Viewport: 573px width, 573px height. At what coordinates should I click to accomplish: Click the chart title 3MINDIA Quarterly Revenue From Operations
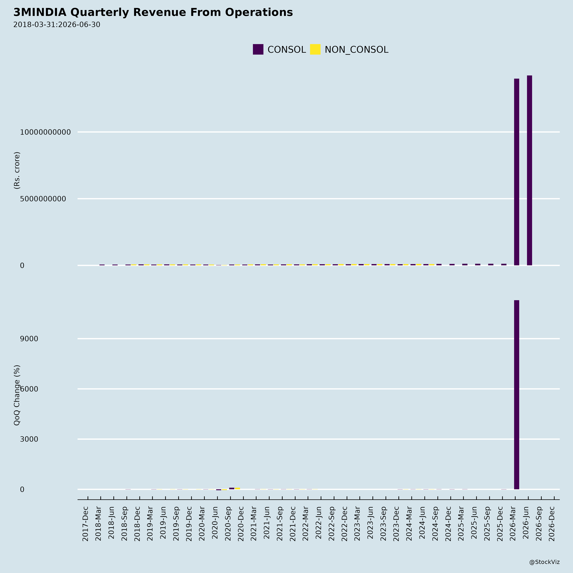pos(153,12)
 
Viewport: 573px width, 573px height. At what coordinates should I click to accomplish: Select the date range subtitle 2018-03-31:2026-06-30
pos(57,25)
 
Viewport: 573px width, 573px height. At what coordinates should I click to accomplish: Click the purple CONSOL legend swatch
pos(258,49)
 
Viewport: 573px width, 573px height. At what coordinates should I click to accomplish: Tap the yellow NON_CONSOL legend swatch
pos(315,49)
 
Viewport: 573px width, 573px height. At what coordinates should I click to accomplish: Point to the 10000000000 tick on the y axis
pos(45,132)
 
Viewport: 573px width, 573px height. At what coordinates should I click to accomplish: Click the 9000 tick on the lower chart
pos(29,339)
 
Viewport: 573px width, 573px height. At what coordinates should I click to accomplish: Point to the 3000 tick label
pos(29,439)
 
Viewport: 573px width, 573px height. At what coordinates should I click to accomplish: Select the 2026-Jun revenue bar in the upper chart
pos(529,170)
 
